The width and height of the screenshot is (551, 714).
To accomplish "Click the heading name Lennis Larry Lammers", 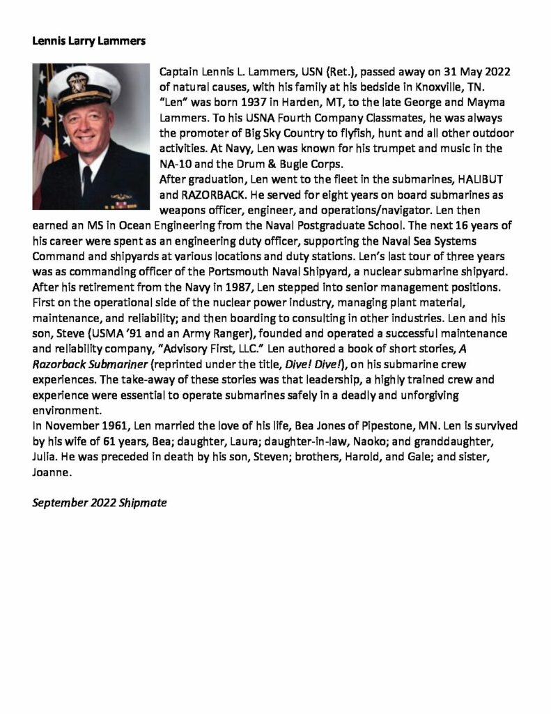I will [x=89, y=40].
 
